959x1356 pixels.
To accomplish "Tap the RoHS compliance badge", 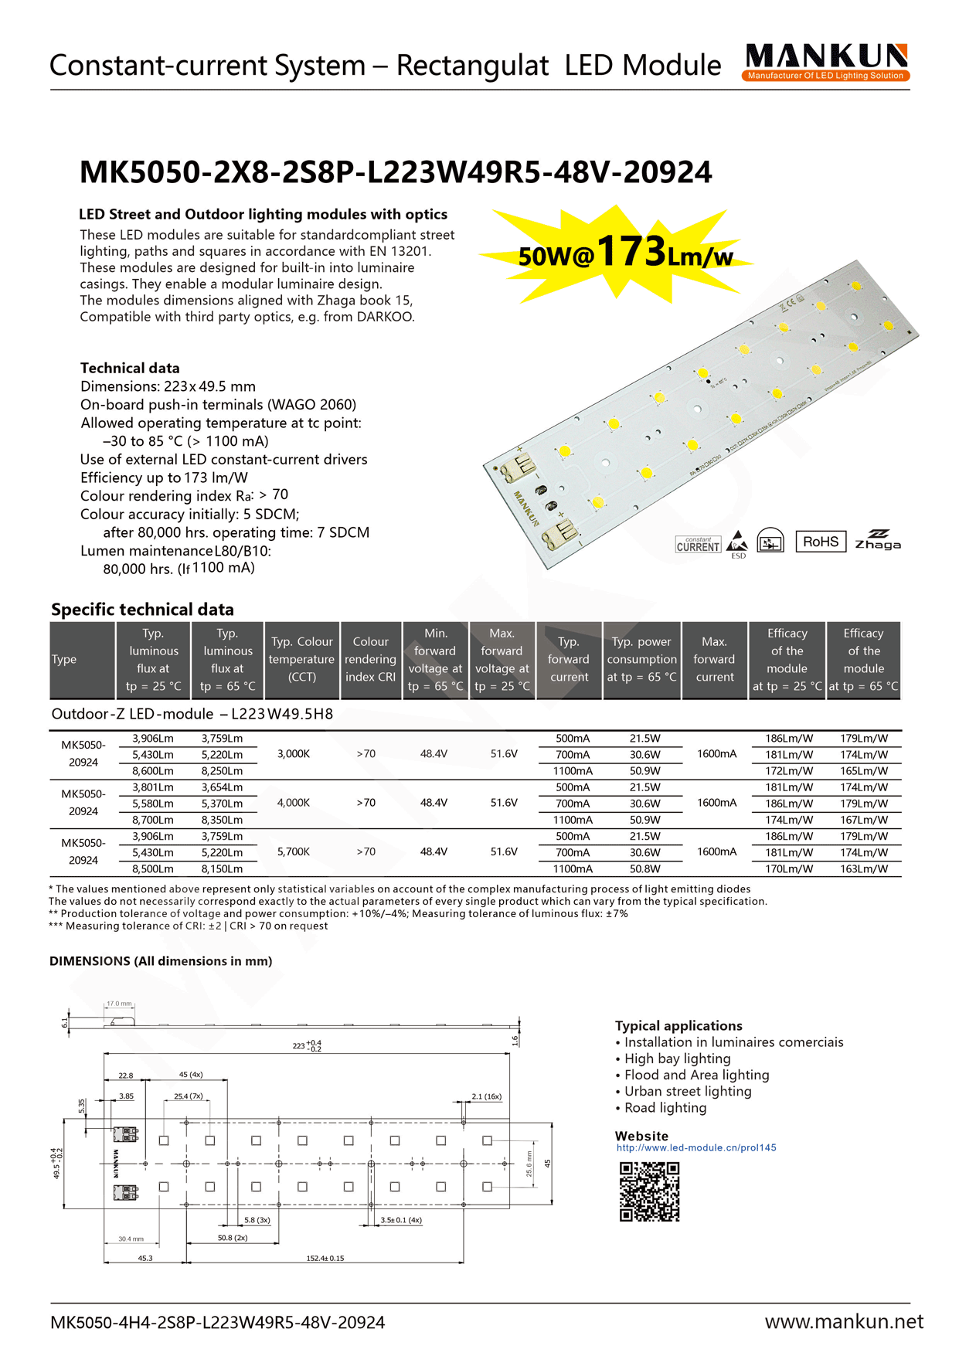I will coord(820,542).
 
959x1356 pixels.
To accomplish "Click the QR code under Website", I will coord(649,1191).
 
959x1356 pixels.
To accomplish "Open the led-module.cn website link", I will coord(695,1148).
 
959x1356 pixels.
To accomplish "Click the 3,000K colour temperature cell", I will coord(294,754).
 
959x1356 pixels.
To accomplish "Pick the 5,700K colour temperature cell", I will coord(294,852).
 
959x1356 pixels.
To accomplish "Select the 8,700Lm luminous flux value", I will coord(152,820).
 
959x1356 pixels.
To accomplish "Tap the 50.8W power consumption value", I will coord(644,869).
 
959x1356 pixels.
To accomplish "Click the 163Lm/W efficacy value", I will coord(864,869).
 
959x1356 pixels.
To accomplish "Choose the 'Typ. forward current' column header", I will coord(569,660).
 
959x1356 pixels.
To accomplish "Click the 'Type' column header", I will coord(64,660).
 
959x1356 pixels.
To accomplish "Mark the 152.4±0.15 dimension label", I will coord(325,1258).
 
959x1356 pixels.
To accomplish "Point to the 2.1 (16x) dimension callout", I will coord(486,1096).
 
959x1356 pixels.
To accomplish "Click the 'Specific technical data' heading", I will coord(142,610).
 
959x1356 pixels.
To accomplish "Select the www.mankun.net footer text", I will coord(844,1322).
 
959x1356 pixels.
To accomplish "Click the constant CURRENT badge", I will coord(698,544).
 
